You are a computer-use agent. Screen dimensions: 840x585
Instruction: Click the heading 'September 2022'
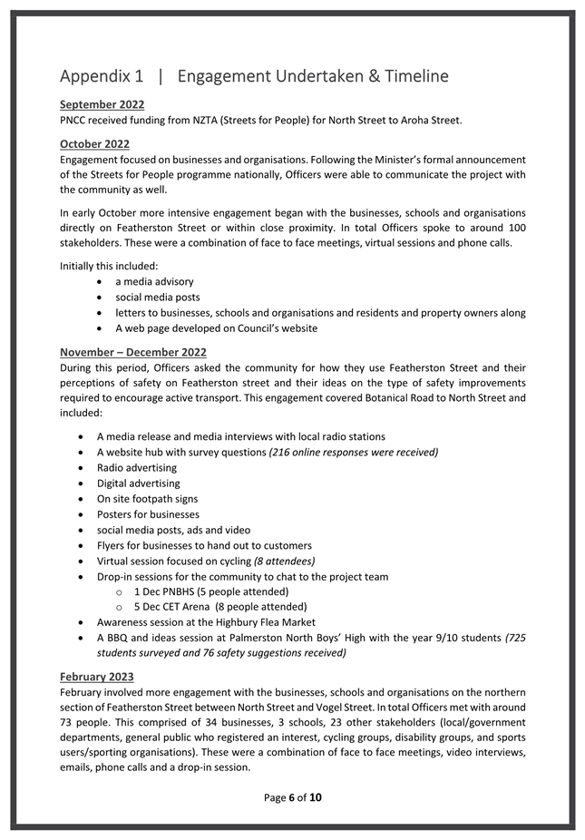[x=102, y=104]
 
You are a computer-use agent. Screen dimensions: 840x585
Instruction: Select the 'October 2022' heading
[x=94, y=143]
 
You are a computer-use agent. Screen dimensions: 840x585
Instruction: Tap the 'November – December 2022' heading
[x=132, y=352]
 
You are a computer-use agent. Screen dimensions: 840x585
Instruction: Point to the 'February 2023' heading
[x=96, y=677]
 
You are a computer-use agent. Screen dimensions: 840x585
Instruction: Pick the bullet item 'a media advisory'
[x=153, y=282]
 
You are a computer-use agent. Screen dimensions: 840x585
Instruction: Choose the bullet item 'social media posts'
[x=157, y=298]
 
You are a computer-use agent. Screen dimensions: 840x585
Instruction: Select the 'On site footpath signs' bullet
[x=147, y=499]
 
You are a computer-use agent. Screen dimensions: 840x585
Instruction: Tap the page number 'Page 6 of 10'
[x=292, y=798]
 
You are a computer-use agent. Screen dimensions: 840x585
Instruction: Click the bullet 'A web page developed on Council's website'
[x=216, y=328]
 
